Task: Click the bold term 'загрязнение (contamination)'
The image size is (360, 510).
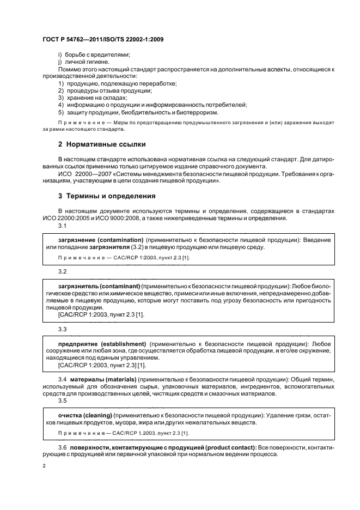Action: (100, 240)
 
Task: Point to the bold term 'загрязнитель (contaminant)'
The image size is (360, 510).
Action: (99, 286)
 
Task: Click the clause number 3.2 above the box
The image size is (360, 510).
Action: (62, 271)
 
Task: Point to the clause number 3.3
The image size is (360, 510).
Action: (62, 329)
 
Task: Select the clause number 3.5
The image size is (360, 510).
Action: (62, 400)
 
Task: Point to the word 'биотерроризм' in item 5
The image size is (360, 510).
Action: (198, 112)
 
